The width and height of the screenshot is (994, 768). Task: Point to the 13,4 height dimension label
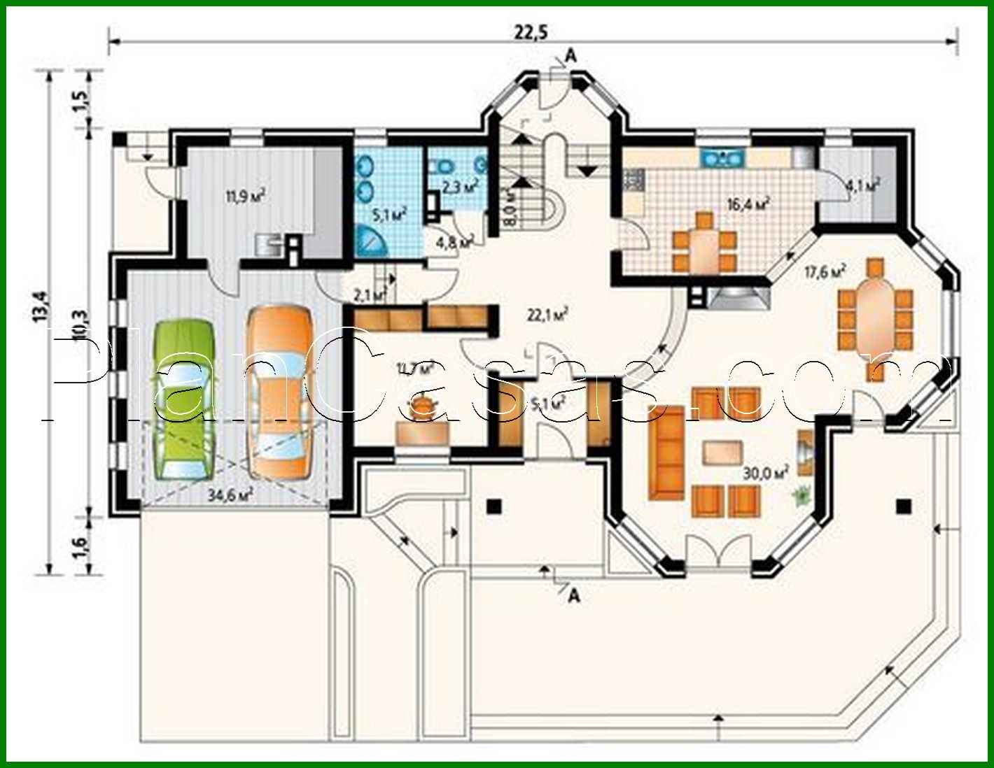pos(41,306)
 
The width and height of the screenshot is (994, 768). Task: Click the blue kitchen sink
pos(722,157)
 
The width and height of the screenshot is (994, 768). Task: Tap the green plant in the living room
pos(800,496)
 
